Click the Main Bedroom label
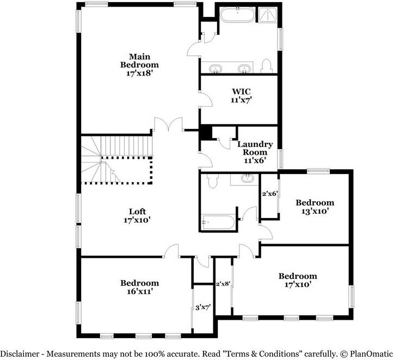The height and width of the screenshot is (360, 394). pyautogui.click(x=139, y=65)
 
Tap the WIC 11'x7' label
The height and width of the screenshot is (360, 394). pyautogui.click(x=241, y=95)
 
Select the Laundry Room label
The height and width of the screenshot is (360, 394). pyautogui.click(x=255, y=152)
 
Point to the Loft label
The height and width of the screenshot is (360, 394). pyautogui.click(x=137, y=215)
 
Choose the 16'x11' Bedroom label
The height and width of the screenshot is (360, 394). pyautogui.click(x=140, y=287)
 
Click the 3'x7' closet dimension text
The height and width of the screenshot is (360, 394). pyautogui.click(x=202, y=307)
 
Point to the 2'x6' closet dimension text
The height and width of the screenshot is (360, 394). pyautogui.click(x=270, y=194)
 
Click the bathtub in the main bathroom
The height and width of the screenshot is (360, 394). pyautogui.click(x=237, y=14)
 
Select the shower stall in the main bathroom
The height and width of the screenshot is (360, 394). pyautogui.click(x=268, y=14)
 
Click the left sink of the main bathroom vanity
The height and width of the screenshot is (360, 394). pyautogui.click(x=216, y=69)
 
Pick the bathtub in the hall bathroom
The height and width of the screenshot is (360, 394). pyautogui.click(x=218, y=222)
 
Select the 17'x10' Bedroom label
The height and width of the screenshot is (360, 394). pyautogui.click(x=297, y=280)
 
